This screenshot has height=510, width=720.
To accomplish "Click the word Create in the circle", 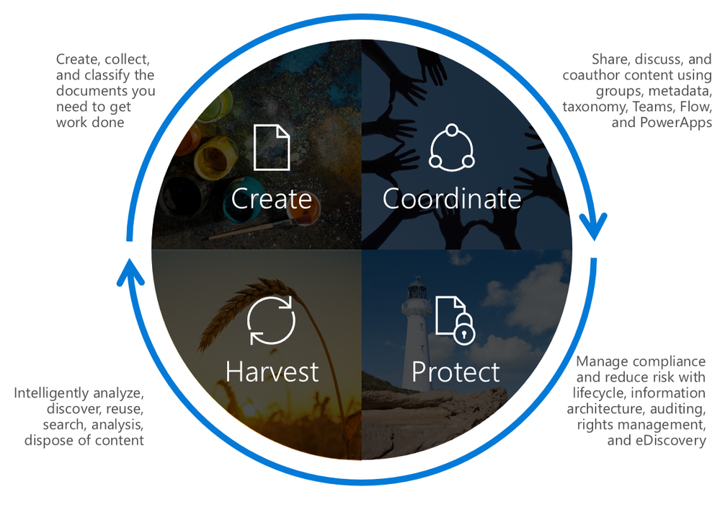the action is coord(272,198).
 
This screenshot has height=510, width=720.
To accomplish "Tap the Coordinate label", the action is coord(452,198).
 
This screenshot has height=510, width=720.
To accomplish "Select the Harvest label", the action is coord(272,371).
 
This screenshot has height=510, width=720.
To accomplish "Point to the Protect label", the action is coord(455,371).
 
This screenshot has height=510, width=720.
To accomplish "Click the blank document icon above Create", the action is coord(272,147).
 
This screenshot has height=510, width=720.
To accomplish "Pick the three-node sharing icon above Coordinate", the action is coord(452,147).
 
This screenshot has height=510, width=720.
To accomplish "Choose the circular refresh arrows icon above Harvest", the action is coord(271,320).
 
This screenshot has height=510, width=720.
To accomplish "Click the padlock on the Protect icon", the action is coord(464,329).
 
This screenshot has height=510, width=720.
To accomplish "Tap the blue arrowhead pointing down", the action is coord(594,227).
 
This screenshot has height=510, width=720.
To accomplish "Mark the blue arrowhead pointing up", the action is coord(130,272).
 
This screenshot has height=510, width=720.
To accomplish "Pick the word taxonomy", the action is coord(595,107).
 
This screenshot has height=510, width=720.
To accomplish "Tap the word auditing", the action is coord(677,409).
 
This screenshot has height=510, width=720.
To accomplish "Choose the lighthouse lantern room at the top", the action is coord(417,289).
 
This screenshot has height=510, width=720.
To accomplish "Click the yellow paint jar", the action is coord(215,157).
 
